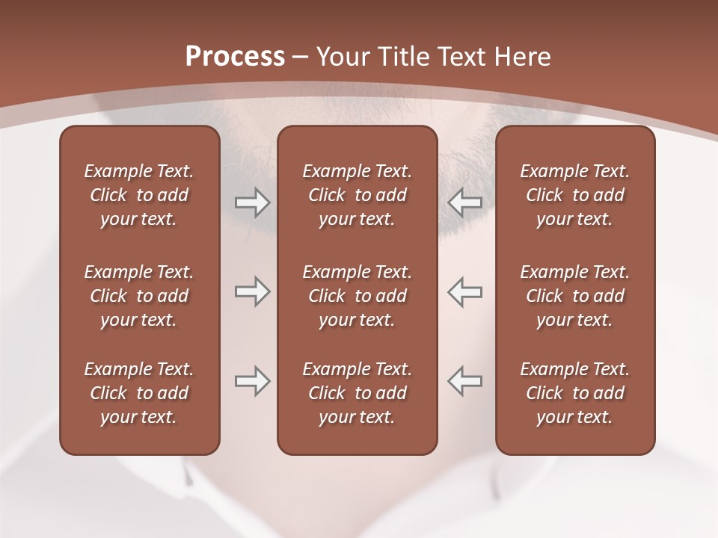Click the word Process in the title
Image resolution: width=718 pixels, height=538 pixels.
coord(235,56)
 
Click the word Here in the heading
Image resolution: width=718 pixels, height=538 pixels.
coord(522,56)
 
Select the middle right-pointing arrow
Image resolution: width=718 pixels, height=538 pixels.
coord(252,292)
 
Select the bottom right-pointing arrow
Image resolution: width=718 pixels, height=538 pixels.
coord(252,381)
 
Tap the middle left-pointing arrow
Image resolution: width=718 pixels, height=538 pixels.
coord(465,292)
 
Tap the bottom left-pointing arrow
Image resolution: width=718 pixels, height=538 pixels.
coord(465,381)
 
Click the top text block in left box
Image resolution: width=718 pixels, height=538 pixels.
coord(139,195)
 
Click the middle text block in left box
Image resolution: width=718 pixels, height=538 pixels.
coord(139,296)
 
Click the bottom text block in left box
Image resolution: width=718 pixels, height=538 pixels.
coord(139,393)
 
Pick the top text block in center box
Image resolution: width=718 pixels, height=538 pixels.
coord(357,195)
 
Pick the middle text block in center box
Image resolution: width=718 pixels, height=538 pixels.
coord(357,296)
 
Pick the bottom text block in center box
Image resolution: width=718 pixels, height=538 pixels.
coord(357,393)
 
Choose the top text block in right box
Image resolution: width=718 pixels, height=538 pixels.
coord(574,195)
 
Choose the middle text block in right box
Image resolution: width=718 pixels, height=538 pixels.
coord(574,296)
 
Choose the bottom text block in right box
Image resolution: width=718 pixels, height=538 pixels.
coord(574,393)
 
